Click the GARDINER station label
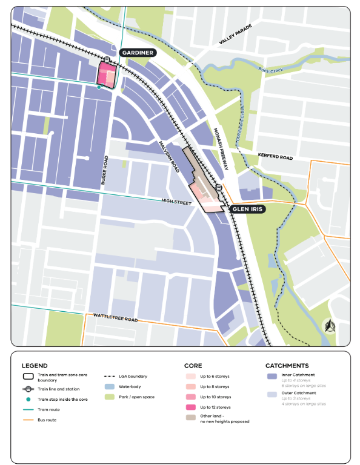(138, 53)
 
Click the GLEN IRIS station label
(247, 209)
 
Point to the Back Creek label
(270, 71)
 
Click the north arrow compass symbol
(330, 327)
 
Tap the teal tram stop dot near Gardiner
(99, 87)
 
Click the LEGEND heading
(35, 366)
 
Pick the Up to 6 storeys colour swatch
(190, 376)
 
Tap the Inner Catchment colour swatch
(272, 376)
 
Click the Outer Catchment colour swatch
(272, 395)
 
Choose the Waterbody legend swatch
(109, 386)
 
